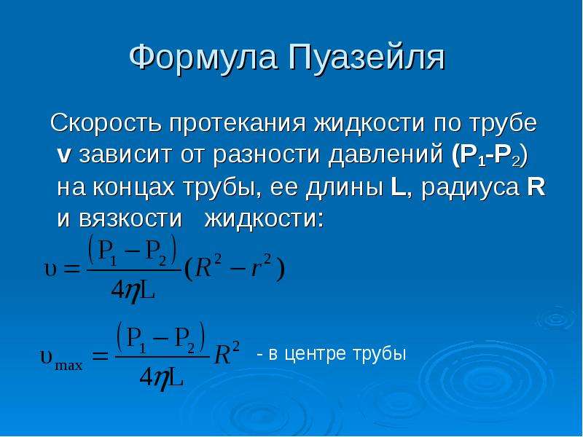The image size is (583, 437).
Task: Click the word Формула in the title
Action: [x=203, y=57]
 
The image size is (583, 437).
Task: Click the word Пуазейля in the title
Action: [x=367, y=57]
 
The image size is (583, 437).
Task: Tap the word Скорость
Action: [x=106, y=122]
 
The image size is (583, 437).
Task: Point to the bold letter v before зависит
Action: [x=63, y=156]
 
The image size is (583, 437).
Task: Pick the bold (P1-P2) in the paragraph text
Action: [x=489, y=155]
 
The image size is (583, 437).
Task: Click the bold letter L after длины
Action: [x=399, y=187]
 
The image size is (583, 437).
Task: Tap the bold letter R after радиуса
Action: [x=536, y=186]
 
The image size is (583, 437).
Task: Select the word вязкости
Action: [x=130, y=219]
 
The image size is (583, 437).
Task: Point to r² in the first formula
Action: [x=262, y=267]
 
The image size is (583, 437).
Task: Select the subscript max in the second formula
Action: [x=69, y=366]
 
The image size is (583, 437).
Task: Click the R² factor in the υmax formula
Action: [x=227, y=353]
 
